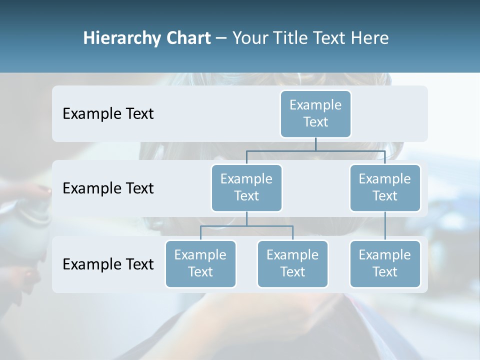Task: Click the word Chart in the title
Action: (x=187, y=38)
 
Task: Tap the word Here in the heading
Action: (x=370, y=38)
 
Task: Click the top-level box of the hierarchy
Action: (x=315, y=113)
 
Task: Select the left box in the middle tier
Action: (x=246, y=187)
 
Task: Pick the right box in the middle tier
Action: (x=385, y=187)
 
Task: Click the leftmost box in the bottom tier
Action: (x=200, y=263)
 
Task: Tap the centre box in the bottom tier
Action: (x=292, y=263)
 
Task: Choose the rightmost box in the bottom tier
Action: (x=385, y=263)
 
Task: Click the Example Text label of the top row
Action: (x=108, y=114)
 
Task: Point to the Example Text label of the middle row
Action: (x=108, y=188)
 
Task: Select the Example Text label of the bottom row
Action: (x=108, y=264)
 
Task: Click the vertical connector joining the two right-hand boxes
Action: (x=385, y=225)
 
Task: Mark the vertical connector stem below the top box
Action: (x=315, y=144)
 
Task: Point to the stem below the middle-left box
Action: (x=246, y=218)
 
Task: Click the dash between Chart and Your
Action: (x=221, y=38)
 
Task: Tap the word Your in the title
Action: (x=249, y=38)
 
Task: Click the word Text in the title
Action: (x=330, y=38)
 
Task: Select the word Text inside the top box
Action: (x=315, y=122)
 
